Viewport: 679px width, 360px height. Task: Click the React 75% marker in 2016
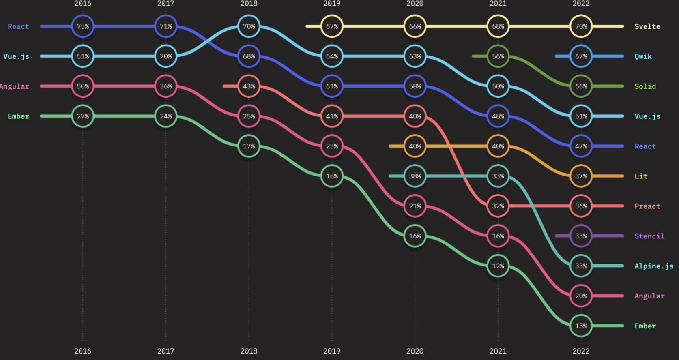coord(83,26)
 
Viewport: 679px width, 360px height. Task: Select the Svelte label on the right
coord(647,26)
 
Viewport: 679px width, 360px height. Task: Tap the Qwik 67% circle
coord(581,56)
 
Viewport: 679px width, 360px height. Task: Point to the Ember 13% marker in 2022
coord(581,326)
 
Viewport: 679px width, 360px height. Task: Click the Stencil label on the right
coord(649,236)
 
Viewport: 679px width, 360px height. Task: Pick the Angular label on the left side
coord(15,86)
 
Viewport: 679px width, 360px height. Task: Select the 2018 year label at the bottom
coord(249,351)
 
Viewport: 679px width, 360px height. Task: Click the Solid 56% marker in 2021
coord(498,56)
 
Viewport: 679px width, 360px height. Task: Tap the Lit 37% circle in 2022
coord(581,176)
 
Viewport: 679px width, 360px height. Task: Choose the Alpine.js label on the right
coord(653,266)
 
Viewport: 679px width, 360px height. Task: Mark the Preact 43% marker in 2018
coord(249,86)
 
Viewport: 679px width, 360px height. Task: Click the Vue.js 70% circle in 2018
coord(249,26)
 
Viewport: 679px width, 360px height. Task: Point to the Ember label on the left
coord(18,116)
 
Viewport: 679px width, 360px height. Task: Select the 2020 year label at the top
coord(415,4)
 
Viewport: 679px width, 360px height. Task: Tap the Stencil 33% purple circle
coord(581,236)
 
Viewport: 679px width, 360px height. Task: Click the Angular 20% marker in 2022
coord(581,296)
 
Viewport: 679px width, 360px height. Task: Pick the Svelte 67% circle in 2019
coord(332,26)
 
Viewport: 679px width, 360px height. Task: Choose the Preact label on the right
coord(647,206)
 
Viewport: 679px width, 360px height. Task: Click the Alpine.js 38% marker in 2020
coord(415,176)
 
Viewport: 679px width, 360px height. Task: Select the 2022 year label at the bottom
coord(581,351)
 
